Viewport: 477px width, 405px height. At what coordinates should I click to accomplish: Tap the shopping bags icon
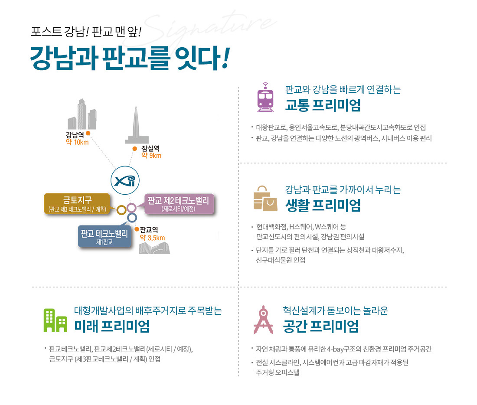tap(265, 199)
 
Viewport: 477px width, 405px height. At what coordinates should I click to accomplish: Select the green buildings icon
tap(56, 320)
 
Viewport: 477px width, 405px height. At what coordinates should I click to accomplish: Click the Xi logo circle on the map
tap(126, 180)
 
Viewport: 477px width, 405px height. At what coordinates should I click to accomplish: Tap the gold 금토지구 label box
tap(77, 203)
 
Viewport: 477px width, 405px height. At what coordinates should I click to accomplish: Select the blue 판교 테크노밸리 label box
tap(104, 236)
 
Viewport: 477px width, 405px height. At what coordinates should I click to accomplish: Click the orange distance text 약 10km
tap(77, 143)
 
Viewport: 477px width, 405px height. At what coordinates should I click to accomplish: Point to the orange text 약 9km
tap(151, 156)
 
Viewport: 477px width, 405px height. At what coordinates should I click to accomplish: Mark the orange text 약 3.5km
tap(152, 238)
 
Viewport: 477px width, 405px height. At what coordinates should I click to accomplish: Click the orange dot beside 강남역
tap(88, 133)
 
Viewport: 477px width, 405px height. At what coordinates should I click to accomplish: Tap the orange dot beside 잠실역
tap(135, 148)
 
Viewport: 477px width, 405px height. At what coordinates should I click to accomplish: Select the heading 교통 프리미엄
tap(323, 105)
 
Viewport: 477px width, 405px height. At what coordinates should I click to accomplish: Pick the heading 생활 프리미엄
tap(323, 205)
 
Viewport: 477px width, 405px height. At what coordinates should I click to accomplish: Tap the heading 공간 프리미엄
tap(321, 326)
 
